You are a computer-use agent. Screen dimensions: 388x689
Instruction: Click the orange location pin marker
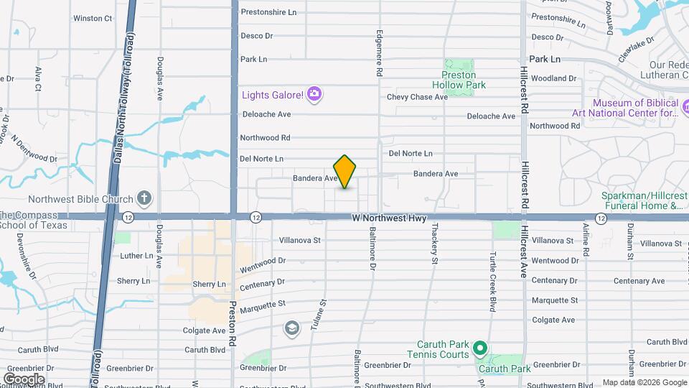tap(344, 172)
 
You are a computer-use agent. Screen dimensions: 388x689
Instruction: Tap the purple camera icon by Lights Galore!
tap(314, 94)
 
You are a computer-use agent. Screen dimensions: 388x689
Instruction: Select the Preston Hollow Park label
tap(463, 80)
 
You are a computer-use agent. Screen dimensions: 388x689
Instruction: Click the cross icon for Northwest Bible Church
tap(144, 199)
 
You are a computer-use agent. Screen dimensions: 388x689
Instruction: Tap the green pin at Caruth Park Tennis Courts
tap(481, 349)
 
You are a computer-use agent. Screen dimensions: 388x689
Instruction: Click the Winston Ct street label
tap(93, 18)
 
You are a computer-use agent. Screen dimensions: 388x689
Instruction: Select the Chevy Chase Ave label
tap(417, 97)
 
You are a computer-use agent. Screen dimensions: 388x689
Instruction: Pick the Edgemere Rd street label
tap(379, 54)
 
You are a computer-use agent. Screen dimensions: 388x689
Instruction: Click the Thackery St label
tap(435, 244)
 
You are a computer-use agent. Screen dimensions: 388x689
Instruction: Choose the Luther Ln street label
tap(137, 256)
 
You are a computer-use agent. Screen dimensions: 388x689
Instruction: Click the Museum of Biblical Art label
tap(624, 108)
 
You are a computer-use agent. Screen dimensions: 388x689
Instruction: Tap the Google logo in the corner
tap(24, 379)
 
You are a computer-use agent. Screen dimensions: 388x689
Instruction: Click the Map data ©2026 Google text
tap(644, 382)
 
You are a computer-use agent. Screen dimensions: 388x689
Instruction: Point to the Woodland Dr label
tap(553, 78)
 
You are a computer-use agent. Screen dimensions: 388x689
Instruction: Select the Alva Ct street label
tap(37, 78)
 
